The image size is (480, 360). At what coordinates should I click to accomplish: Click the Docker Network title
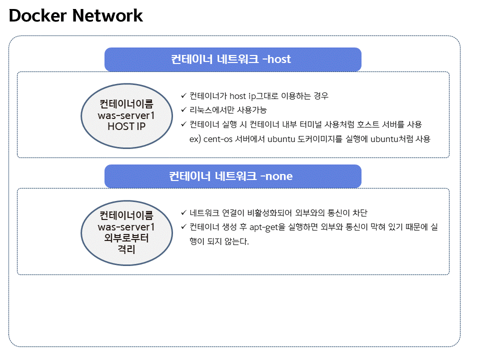pyautogui.click(x=76, y=16)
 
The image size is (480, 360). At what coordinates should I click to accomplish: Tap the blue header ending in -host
pyautogui.click(x=232, y=59)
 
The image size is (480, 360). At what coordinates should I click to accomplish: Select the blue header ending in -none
pyautogui.click(x=232, y=176)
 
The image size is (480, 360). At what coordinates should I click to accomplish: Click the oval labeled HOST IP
pyautogui.click(x=126, y=115)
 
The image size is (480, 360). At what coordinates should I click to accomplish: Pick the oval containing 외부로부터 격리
pyautogui.click(x=126, y=232)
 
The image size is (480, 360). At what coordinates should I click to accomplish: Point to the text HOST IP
pyautogui.click(x=126, y=126)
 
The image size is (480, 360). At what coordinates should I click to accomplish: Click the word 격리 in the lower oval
pyautogui.click(x=126, y=248)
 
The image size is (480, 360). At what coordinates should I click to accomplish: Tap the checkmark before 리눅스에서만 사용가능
pyautogui.click(x=183, y=110)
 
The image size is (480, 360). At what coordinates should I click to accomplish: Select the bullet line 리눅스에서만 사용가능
pyautogui.click(x=228, y=110)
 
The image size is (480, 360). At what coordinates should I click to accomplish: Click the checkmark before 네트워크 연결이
pyautogui.click(x=183, y=212)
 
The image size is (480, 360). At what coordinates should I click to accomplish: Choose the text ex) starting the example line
pyautogui.click(x=195, y=139)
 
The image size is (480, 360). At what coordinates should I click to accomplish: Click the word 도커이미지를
pyautogui.click(x=315, y=139)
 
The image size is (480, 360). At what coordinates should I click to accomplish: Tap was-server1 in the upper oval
pyautogui.click(x=126, y=115)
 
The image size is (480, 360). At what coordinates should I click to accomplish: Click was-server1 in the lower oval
pyautogui.click(x=126, y=226)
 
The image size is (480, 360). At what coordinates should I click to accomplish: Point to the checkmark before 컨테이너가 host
pyautogui.click(x=183, y=95)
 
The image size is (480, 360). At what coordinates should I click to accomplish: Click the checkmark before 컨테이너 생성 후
pyautogui.click(x=183, y=227)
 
